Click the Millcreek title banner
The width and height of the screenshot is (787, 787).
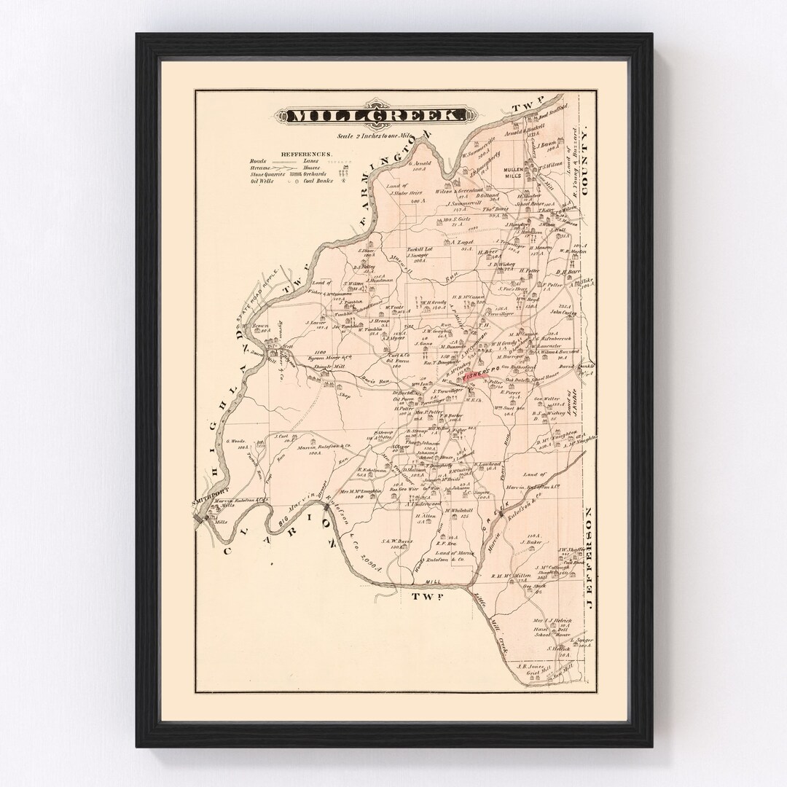pyautogui.click(x=372, y=116)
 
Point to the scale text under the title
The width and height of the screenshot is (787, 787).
pyautogui.click(x=373, y=136)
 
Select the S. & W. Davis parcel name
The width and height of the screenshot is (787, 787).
pyautogui.click(x=399, y=542)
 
